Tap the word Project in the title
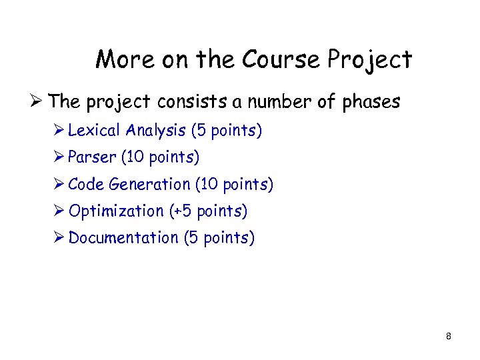pos(369,61)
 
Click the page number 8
pos(449,337)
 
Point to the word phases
pos(371,102)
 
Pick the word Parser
pos(91,157)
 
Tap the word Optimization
pos(116,211)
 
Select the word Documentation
pos(123,237)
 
